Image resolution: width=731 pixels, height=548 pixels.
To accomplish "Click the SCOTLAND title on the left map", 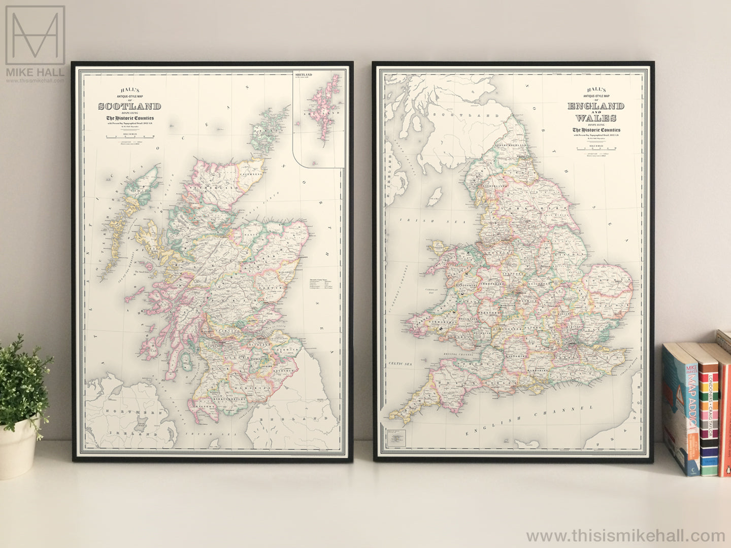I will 129,107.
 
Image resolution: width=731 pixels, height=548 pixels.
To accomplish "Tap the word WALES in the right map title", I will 596,118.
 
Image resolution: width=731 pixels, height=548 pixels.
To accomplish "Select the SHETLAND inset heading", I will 304,75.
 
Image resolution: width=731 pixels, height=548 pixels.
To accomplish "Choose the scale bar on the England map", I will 596,149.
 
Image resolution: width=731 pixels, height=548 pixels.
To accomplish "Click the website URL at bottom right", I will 625,536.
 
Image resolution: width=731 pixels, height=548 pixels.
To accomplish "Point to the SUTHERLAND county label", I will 214,188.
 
